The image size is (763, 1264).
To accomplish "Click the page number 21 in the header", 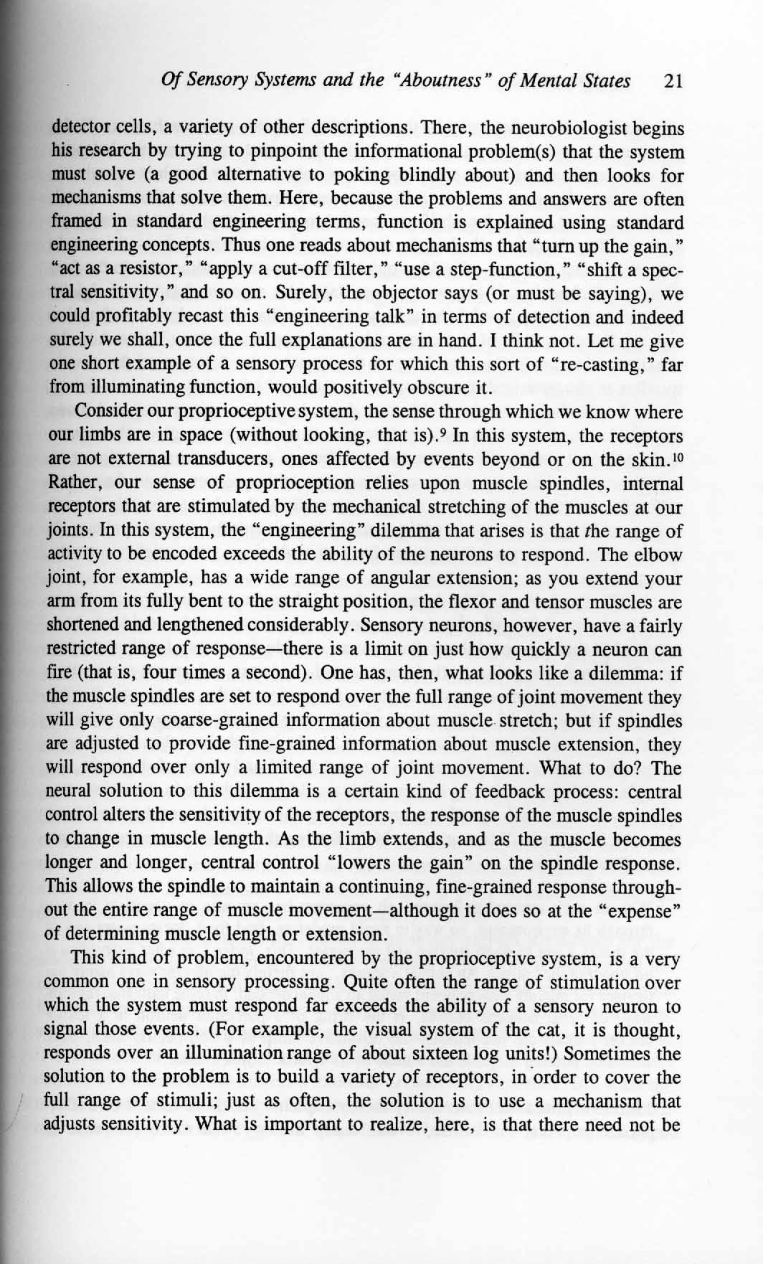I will pyautogui.click(x=672, y=82).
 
